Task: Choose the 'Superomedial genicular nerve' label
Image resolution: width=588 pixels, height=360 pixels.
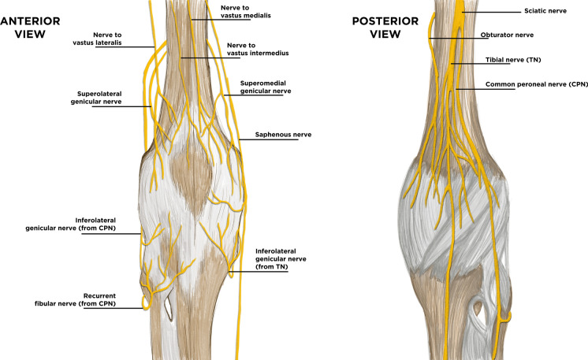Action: [x=264, y=86]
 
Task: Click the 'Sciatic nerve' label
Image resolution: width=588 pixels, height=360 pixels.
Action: [x=523, y=11]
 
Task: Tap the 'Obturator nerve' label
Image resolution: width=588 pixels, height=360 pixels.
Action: [x=508, y=35]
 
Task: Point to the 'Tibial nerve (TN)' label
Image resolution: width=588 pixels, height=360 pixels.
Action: [x=513, y=60]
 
